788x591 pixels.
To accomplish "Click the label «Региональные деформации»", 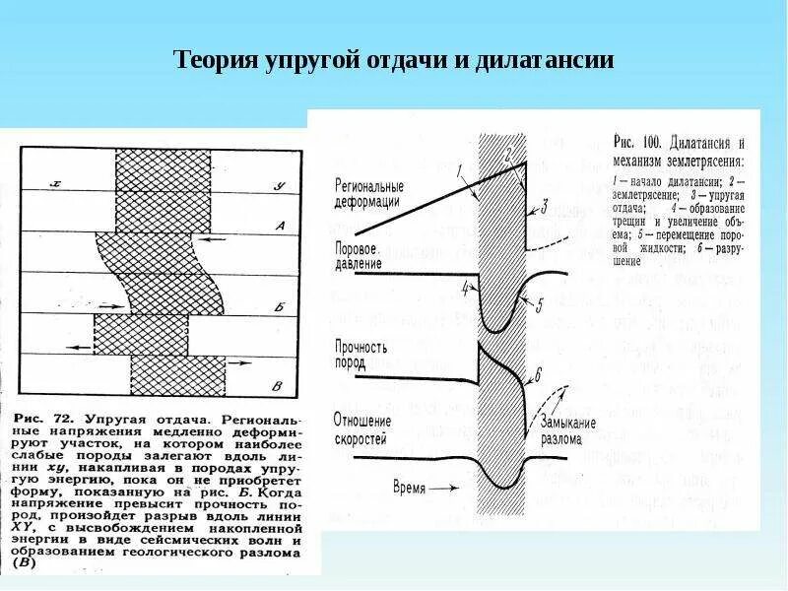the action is click(x=368, y=193).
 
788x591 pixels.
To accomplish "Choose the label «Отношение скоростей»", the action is click(x=362, y=429).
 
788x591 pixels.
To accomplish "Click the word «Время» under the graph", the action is click(x=413, y=488).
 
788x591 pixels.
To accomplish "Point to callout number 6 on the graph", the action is click(x=538, y=373).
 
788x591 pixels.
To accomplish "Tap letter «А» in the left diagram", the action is click(x=279, y=227).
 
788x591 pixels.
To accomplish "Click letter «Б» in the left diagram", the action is click(x=279, y=307).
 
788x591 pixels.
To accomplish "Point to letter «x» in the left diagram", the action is click(x=57, y=184).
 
